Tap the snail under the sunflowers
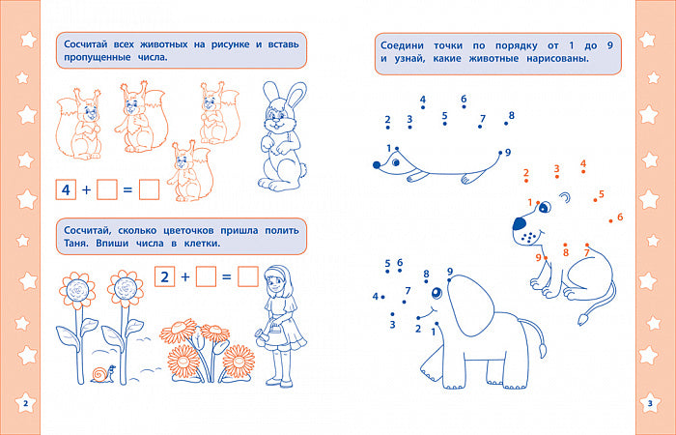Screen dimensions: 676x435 coord(103,374)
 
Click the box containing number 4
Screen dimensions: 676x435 coord(66,189)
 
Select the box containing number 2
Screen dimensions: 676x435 coord(165,276)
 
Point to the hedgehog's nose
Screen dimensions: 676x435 coord(377,165)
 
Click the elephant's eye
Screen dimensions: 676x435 coord(437,293)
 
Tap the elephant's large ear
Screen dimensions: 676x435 coord(471,304)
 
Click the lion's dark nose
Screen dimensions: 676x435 coord(520,223)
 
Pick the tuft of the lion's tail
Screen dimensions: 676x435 coord(583,319)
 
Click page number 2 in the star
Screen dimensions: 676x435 coord(25,403)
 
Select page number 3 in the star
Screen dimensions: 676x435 coord(651,403)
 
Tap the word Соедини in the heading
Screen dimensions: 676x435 coord(402,45)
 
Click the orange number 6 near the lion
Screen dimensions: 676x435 coord(620,217)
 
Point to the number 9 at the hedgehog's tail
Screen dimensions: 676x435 coord(508,153)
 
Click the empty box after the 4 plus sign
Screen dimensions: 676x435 coord(107,189)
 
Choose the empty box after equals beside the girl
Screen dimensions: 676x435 coord(248,276)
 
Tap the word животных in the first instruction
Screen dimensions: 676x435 coord(164,44)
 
